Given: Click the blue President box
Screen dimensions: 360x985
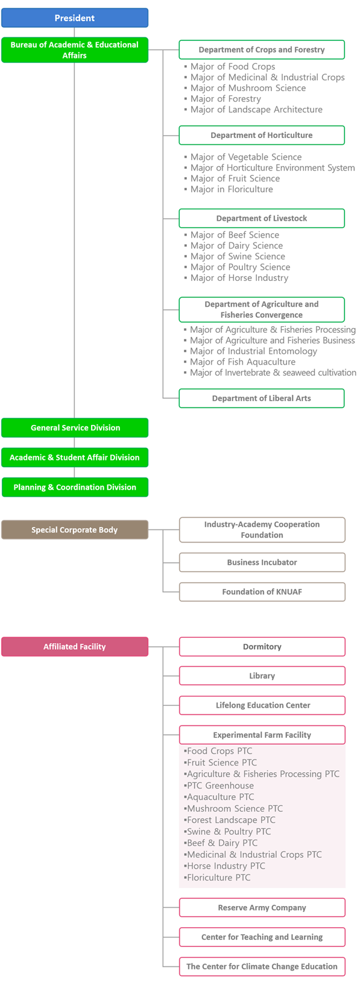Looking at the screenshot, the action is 75,17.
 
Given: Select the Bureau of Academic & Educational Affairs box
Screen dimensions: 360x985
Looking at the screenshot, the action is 75,49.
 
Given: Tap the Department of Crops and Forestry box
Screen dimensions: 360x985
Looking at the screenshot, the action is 262,49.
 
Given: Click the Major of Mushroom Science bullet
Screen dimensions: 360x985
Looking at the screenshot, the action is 245,88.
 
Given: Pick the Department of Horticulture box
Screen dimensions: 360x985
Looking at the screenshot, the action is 262,135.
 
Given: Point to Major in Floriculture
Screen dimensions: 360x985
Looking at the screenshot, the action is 229,189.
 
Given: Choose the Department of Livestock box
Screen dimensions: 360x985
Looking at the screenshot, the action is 262,218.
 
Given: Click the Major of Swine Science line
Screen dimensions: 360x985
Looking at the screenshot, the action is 235,256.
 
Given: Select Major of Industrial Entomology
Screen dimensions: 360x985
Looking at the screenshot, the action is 251,351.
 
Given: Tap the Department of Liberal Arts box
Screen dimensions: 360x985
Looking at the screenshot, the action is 262,398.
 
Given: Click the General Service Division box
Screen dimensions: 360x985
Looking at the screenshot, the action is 75,427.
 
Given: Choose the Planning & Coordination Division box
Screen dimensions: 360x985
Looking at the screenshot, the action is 75,487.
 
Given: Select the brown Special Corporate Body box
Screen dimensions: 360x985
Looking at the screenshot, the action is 75,529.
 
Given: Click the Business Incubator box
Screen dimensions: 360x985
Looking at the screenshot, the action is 262,562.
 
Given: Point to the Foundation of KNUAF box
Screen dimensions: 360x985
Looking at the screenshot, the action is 262,591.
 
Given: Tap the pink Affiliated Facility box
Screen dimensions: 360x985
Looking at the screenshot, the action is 75,646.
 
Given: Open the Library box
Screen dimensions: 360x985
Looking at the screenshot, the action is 262,675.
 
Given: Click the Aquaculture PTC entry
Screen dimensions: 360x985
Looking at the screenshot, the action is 219,797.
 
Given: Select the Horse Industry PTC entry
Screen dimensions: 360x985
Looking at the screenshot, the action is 225,866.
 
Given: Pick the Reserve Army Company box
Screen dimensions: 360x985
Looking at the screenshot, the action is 262,907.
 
